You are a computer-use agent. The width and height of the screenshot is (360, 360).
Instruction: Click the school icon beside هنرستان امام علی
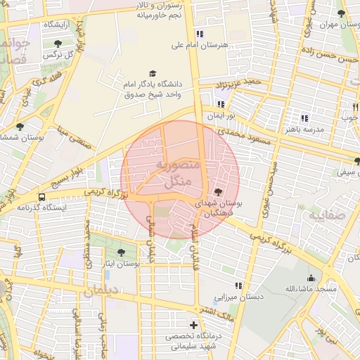click(x=200, y=33)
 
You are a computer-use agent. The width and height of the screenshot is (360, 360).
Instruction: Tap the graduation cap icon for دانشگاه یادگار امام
click(x=152, y=73)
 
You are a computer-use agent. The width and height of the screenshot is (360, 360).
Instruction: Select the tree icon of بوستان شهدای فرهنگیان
click(x=217, y=191)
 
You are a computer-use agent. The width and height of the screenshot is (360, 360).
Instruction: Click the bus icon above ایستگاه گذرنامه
click(x=43, y=197)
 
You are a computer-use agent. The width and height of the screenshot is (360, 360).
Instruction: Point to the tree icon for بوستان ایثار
click(x=122, y=251)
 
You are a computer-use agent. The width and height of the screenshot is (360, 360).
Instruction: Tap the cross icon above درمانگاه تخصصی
click(x=193, y=325)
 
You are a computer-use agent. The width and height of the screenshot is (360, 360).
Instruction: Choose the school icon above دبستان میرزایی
click(x=239, y=285)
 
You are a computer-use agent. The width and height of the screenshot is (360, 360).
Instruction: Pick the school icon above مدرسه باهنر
click(x=304, y=118)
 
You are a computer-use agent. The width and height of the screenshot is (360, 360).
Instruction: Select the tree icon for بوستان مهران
click(x=341, y=13)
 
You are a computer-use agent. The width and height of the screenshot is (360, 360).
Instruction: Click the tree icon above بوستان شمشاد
click(x=19, y=127)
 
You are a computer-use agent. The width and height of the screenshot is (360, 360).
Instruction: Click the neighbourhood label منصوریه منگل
click(x=176, y=173)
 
